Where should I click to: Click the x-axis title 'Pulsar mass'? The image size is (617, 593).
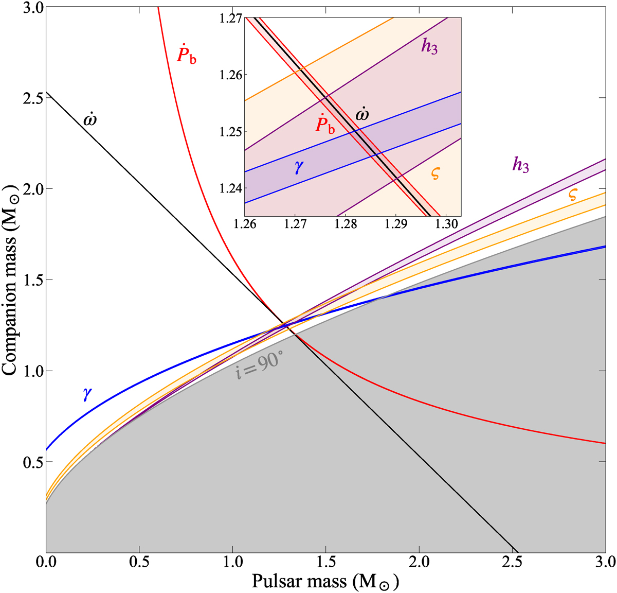click(325, 581)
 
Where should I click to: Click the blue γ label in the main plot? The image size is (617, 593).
click(87, 393)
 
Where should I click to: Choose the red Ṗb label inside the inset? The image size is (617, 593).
click(324, 124)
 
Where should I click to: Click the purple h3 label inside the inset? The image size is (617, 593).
click(429, 47)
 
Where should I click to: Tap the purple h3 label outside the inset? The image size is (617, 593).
click(520, 164)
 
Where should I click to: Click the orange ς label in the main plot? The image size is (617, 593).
click(573, 194)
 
